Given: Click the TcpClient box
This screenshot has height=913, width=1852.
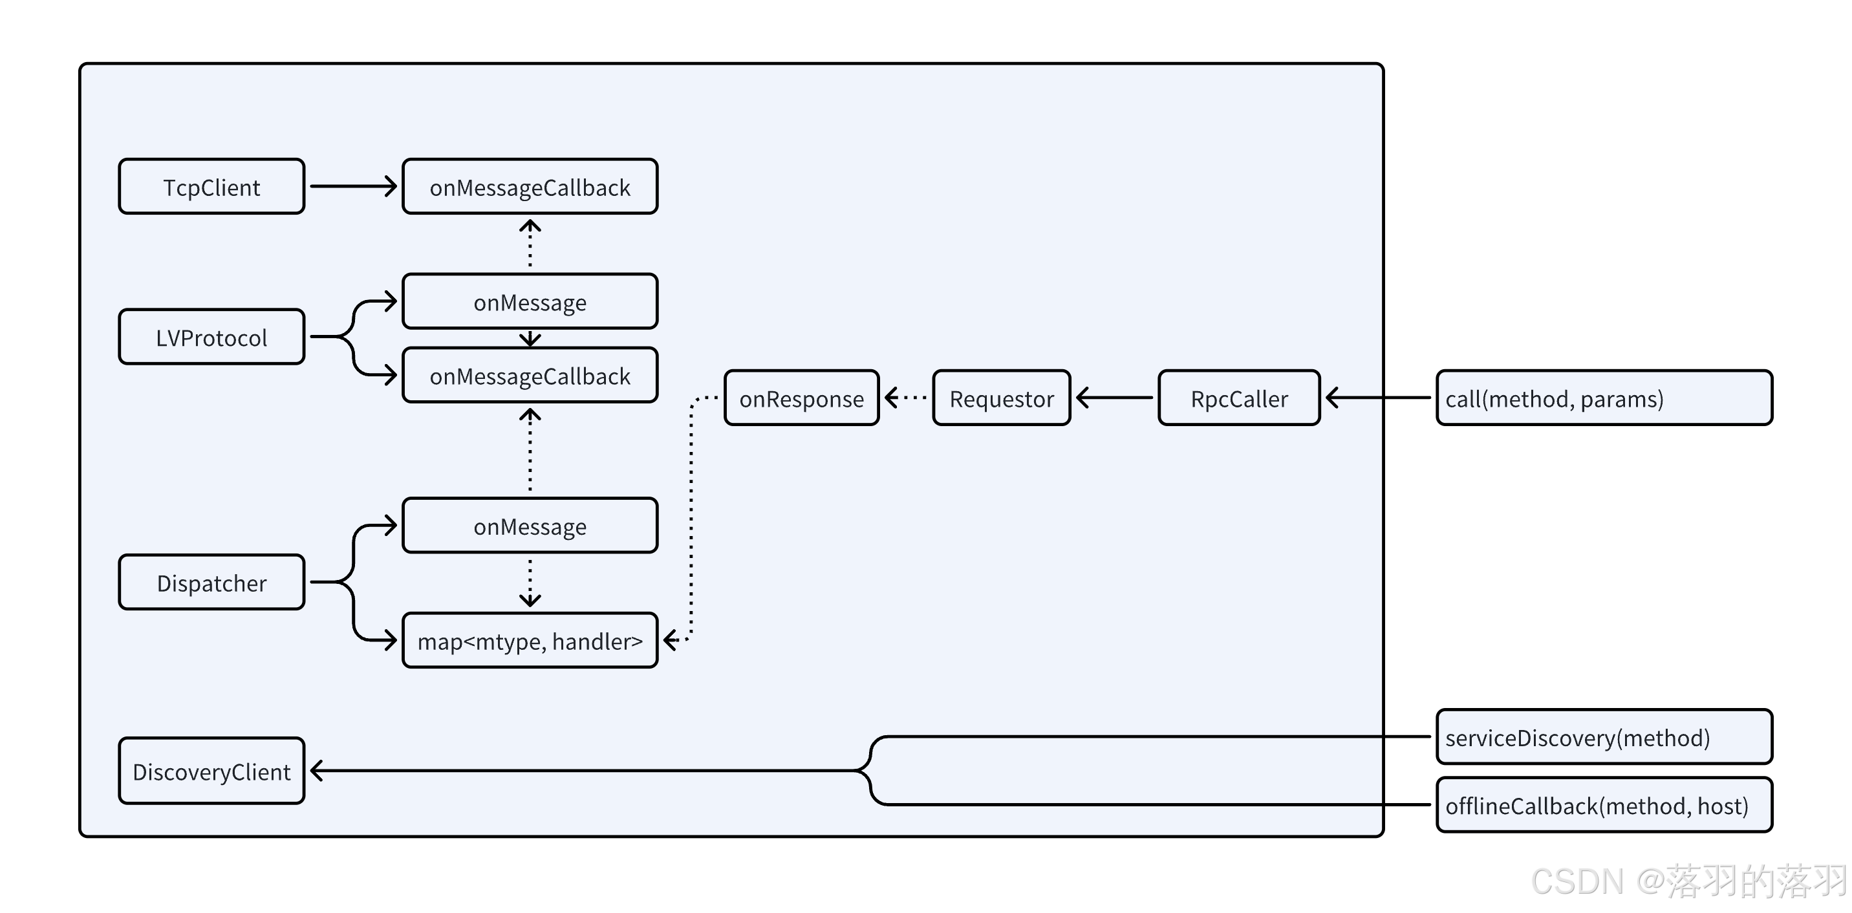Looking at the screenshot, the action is [x=211, y=186].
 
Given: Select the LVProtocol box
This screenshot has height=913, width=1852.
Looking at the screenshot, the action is [x=211, y=336].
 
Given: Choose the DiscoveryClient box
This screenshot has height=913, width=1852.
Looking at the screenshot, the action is [x=211, y=771].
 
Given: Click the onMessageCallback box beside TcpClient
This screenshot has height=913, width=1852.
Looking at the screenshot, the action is [x=530, y=186].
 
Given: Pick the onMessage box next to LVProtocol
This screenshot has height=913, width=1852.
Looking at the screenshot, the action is [x=530, y=301].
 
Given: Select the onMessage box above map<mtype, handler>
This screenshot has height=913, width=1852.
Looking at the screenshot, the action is [x=530, y=526].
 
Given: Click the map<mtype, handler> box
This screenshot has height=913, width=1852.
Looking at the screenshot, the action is [x=530, y=641].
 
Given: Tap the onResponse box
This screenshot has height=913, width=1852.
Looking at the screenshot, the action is [x=802, y=398].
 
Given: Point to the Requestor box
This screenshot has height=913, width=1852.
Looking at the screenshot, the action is [x=1002, y=398].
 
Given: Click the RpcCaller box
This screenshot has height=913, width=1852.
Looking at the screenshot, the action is [x=1240, y=398].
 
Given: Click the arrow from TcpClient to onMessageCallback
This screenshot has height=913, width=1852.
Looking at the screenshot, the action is [x=354, y=186].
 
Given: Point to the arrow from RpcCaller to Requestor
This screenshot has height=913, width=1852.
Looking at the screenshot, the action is [x=1114, y=398].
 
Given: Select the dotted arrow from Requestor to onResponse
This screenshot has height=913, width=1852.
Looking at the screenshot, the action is [x=906, y=398].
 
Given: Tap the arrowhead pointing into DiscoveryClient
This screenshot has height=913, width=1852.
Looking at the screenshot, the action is [x=316, y=771].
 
